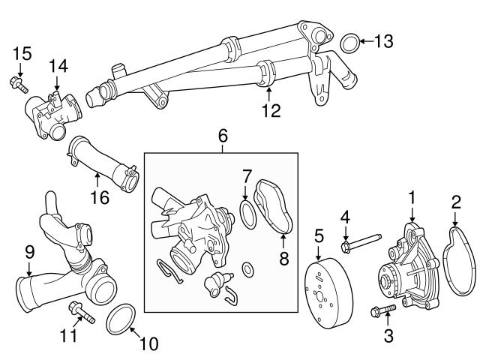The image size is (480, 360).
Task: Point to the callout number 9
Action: click(29, 252)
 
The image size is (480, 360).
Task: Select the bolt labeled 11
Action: click(80, 310)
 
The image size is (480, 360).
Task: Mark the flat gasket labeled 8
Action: click(276, 210)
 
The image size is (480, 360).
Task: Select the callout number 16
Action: click(99, 198)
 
